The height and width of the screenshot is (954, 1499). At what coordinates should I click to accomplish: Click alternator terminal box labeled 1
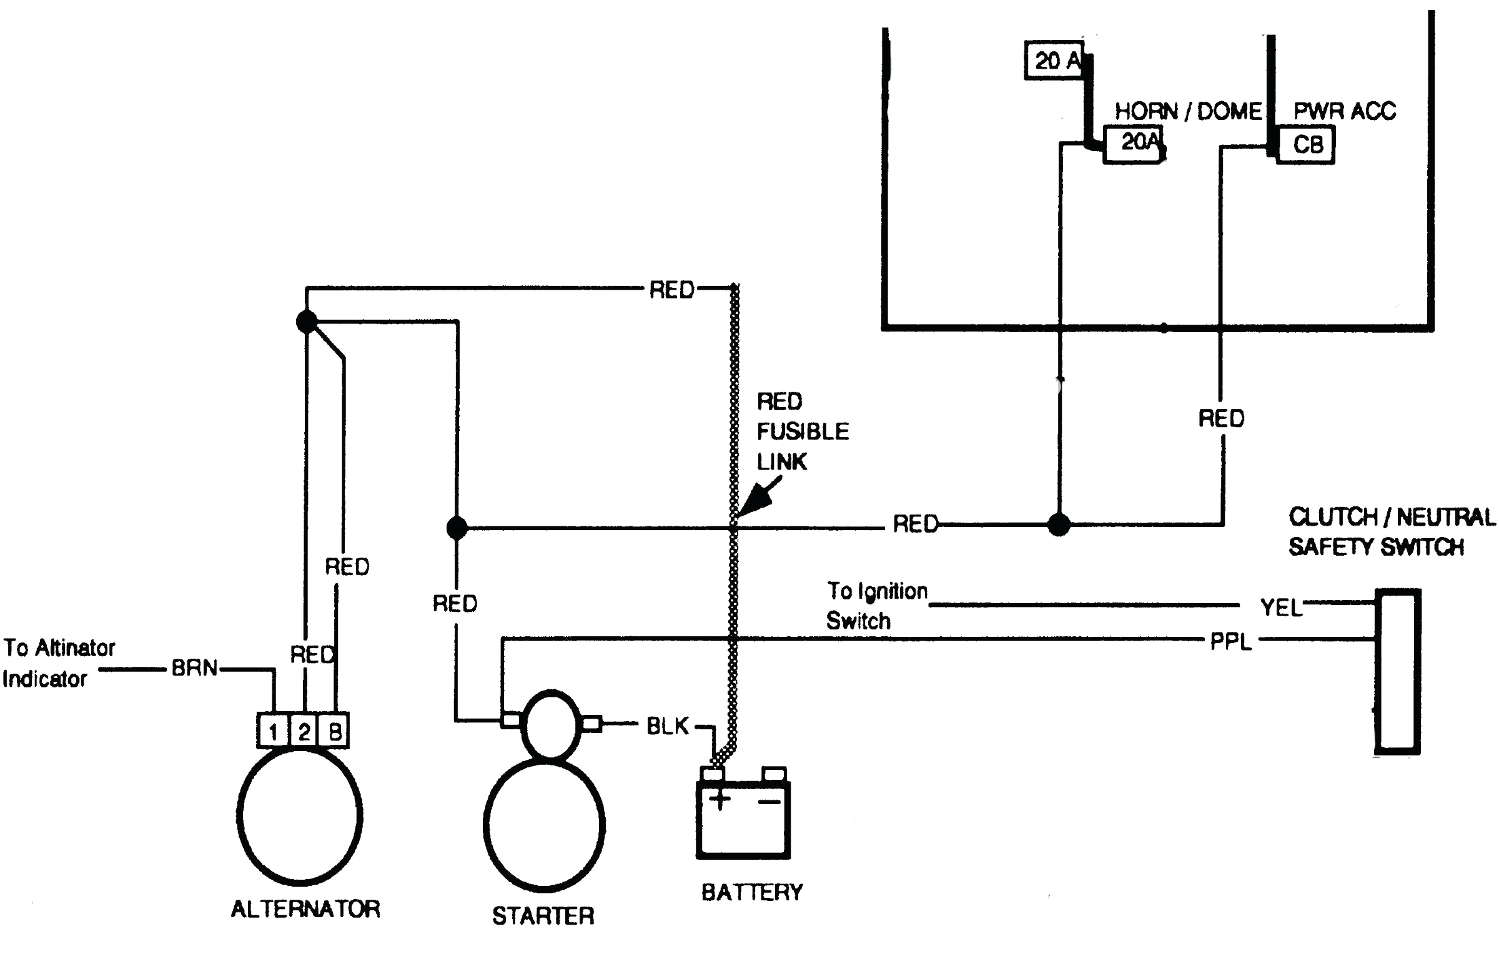[273, 731]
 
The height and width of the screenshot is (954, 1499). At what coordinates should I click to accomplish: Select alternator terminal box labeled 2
[304, 731]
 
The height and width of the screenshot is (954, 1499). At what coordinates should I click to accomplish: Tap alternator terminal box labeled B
[334, 731]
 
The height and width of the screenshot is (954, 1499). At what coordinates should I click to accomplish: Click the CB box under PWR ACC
[1306, 145]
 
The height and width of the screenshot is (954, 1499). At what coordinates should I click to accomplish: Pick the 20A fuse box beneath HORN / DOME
[1134, 144]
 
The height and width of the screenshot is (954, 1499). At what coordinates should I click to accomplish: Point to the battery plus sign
[720, 800]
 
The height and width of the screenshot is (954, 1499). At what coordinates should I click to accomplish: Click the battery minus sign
[770, 802]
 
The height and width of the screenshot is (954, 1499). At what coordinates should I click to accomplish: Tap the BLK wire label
[667, 726]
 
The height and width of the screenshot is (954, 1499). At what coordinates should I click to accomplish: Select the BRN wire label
[194, 668]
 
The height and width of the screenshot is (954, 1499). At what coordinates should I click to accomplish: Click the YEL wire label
[1281, 607]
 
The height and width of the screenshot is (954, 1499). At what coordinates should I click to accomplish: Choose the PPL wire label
[1230, 642]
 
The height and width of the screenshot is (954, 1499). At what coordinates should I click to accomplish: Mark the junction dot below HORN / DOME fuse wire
[1059, 524]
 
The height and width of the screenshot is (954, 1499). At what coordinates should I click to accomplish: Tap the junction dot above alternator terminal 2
[307, 322]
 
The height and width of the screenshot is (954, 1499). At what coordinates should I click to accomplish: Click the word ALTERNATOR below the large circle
[305, 908]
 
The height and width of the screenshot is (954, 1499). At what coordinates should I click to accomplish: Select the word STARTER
[543, 916]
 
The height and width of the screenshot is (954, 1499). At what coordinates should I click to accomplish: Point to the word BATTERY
[752, 892]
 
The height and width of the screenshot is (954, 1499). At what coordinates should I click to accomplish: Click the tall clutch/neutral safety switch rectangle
[1398, 671]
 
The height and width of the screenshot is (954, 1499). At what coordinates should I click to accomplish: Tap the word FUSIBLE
[803, 431]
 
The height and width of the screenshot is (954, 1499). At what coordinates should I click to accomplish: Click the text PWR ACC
[1345, 111]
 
